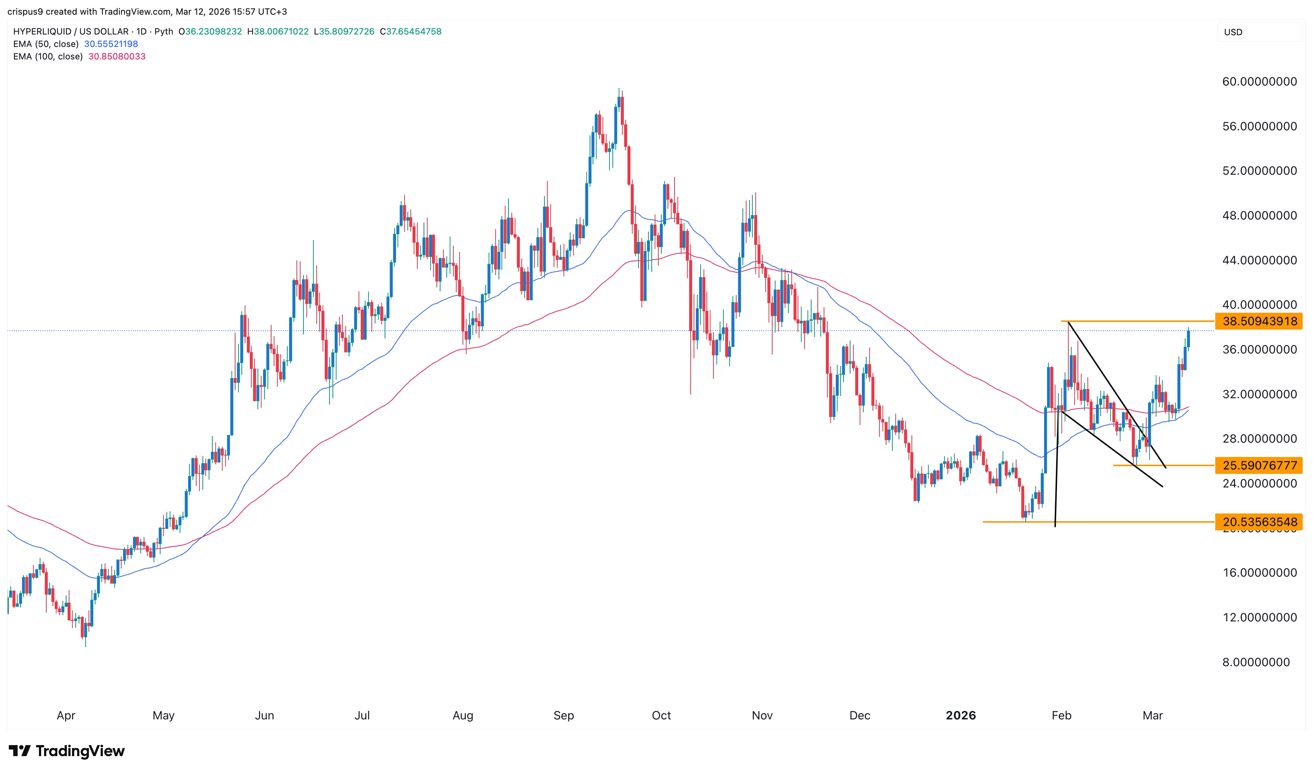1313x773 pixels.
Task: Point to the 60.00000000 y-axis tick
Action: pos(1259,82)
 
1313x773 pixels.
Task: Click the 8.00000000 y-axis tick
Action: pos(1256,662)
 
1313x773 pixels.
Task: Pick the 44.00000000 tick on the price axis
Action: pos(1259,261)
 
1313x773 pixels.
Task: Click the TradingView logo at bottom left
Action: pos(67,751)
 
